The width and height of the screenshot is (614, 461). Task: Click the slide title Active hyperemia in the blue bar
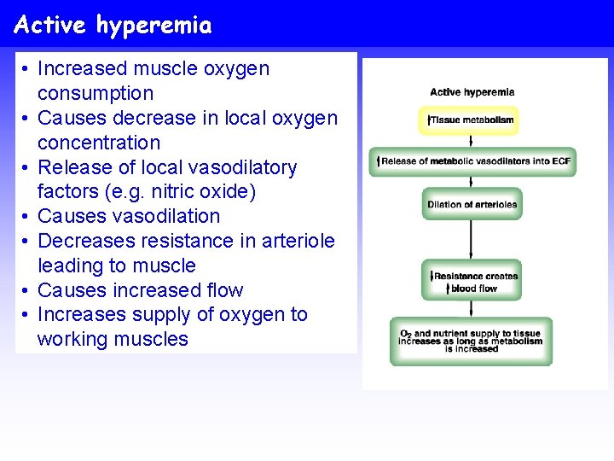113,26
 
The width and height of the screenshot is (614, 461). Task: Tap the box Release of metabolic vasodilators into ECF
472,160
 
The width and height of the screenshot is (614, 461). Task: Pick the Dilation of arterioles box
472,204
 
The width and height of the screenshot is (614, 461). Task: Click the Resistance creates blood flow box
472,282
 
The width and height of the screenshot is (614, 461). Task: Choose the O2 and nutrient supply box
472,341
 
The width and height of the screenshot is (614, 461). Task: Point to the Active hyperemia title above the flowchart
472,92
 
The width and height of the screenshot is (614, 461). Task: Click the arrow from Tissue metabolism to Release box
472,141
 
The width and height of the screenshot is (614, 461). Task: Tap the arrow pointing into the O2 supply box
472,309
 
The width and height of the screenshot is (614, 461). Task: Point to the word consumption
96,93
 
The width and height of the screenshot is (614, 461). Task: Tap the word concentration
99,143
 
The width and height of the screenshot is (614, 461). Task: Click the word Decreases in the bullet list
86,242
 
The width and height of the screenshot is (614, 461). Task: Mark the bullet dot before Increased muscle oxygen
26,69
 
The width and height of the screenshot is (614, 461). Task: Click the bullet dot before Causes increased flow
26,291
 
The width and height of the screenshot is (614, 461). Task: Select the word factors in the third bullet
69,192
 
